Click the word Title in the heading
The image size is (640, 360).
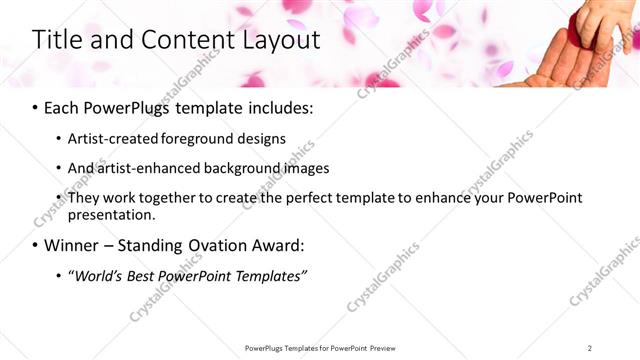point(58,41)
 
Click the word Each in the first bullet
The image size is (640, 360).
point(62,107)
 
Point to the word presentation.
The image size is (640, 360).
point(111,214)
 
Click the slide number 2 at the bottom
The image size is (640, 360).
point(590,348)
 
